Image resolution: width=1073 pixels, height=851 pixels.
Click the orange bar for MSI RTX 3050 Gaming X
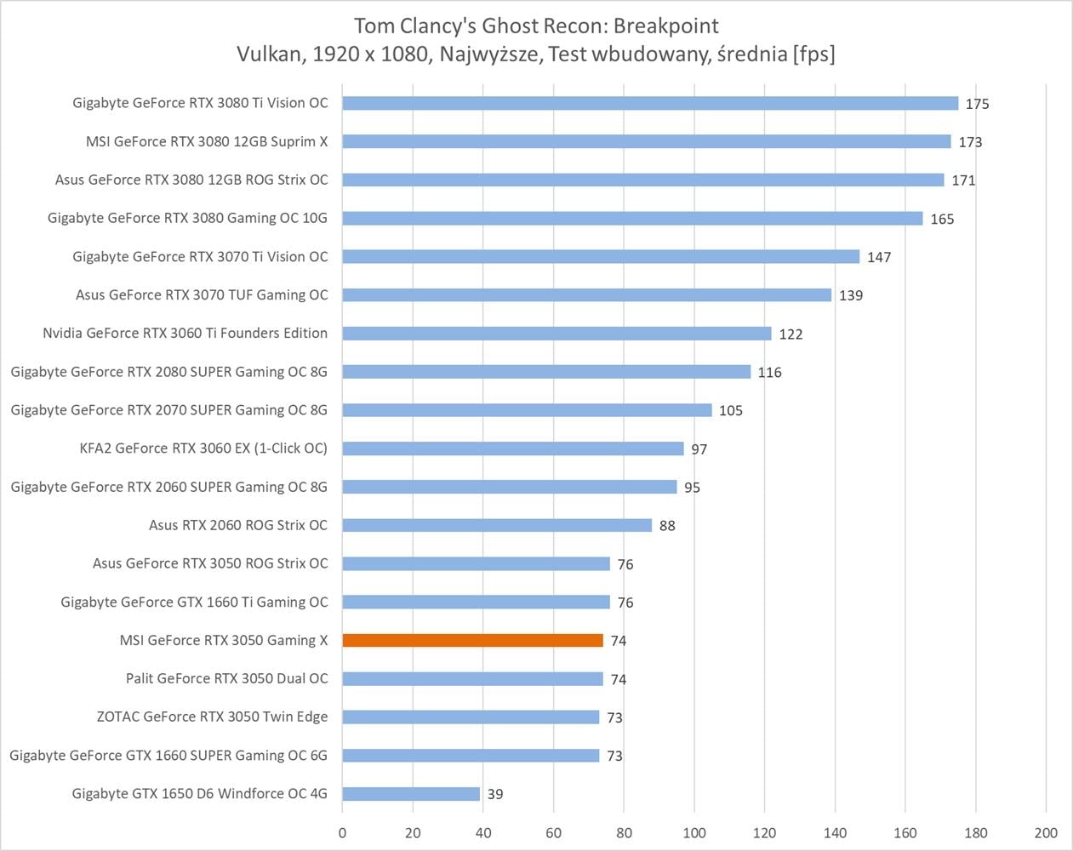click(472, 640)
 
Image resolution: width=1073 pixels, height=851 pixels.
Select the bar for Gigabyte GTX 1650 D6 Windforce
click(411, 794)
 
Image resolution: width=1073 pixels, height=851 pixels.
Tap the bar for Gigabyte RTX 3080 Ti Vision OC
click(650, 103)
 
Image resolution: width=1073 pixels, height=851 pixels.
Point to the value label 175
click(977, 104)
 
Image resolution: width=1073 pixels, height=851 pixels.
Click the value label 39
click(495, 794)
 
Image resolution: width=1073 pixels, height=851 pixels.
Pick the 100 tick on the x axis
click(694, 833)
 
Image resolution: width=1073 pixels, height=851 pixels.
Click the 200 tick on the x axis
click(1046, 833)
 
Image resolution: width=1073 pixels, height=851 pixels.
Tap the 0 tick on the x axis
click(343, 833)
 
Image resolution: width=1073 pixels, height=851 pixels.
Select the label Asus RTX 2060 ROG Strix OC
click(238, 525)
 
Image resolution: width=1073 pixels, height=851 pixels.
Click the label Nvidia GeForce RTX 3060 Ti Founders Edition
click(185, 333)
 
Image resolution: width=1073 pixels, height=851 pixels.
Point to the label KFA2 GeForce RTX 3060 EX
click(203, 448)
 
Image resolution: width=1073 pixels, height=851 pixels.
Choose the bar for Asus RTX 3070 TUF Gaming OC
click(587, 295)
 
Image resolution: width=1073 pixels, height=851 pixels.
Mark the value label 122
click(790, 334)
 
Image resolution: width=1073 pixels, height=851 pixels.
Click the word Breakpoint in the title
click(666, 26)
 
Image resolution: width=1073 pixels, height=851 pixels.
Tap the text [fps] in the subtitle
click(813, 54)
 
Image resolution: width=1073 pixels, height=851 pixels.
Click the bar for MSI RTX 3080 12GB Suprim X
click(647, 141)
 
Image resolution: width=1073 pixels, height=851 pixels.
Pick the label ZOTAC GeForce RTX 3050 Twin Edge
click(212, 717)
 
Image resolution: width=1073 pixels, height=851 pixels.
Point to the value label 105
click(730, 411)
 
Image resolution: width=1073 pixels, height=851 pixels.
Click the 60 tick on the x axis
click(554, 833)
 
